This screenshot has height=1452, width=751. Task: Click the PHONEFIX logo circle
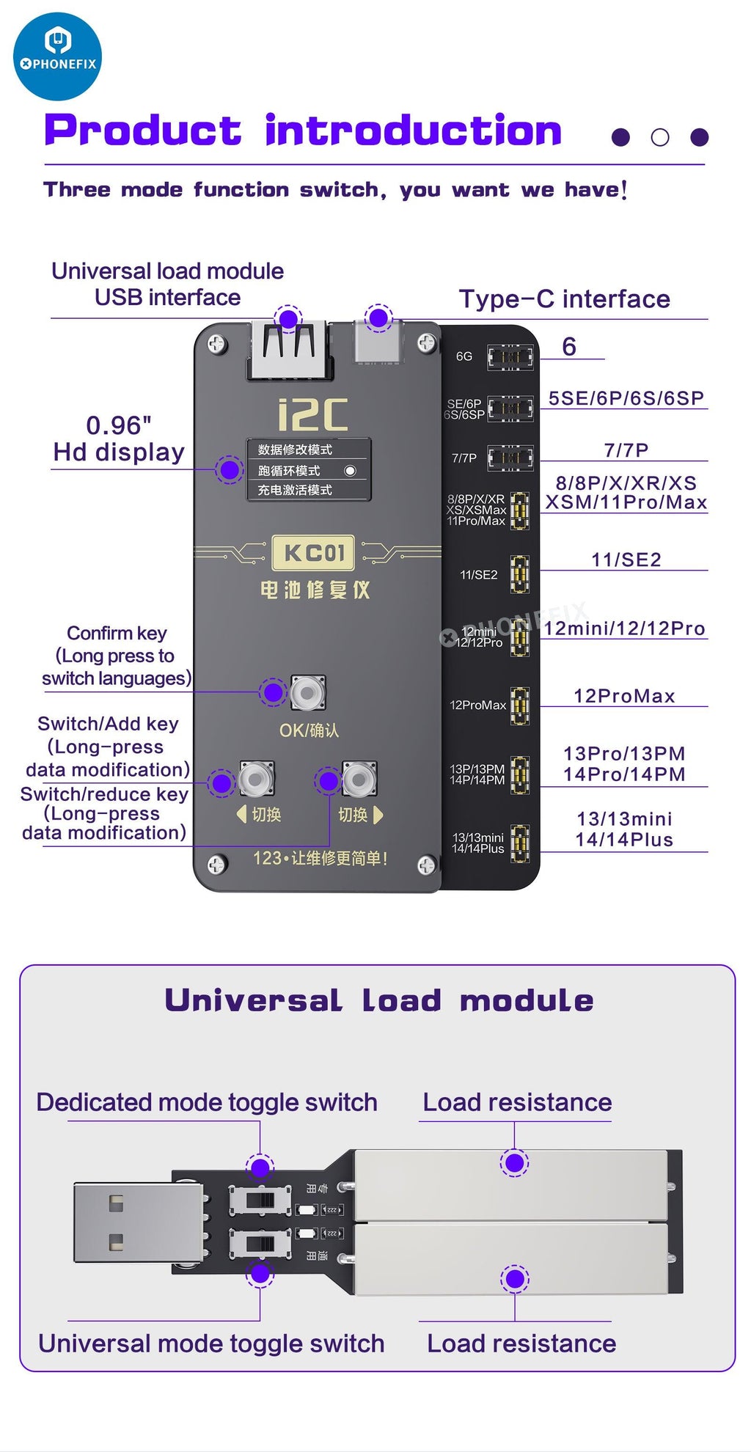(x=57, y=56)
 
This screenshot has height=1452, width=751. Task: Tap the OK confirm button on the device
(x=307, y=693)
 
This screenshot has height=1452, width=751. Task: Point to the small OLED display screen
(x=308, y=469)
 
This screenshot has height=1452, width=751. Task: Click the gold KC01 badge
(x=313, y=553)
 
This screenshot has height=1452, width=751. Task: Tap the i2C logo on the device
(x=313, y=415)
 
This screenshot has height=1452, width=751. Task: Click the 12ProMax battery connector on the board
(x=520, y=705)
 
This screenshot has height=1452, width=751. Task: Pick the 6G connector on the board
(x=510, y=357)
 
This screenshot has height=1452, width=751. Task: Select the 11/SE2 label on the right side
(x=626, y=560)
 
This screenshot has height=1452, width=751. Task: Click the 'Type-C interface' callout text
(x=564, y=299)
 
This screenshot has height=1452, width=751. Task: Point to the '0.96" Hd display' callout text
(x=119, y=439)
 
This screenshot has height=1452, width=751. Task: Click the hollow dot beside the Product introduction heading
(x=660, y=137)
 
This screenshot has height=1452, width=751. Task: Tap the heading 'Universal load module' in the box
(x=378, y=1000)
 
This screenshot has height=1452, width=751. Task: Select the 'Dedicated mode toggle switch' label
(x=207, y=1102)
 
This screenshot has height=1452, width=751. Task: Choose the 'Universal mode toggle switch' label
(x=211, y=1343)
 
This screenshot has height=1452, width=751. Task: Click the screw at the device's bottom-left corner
(x=216, y=865)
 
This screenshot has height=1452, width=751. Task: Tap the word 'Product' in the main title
(x=143, y=131)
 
